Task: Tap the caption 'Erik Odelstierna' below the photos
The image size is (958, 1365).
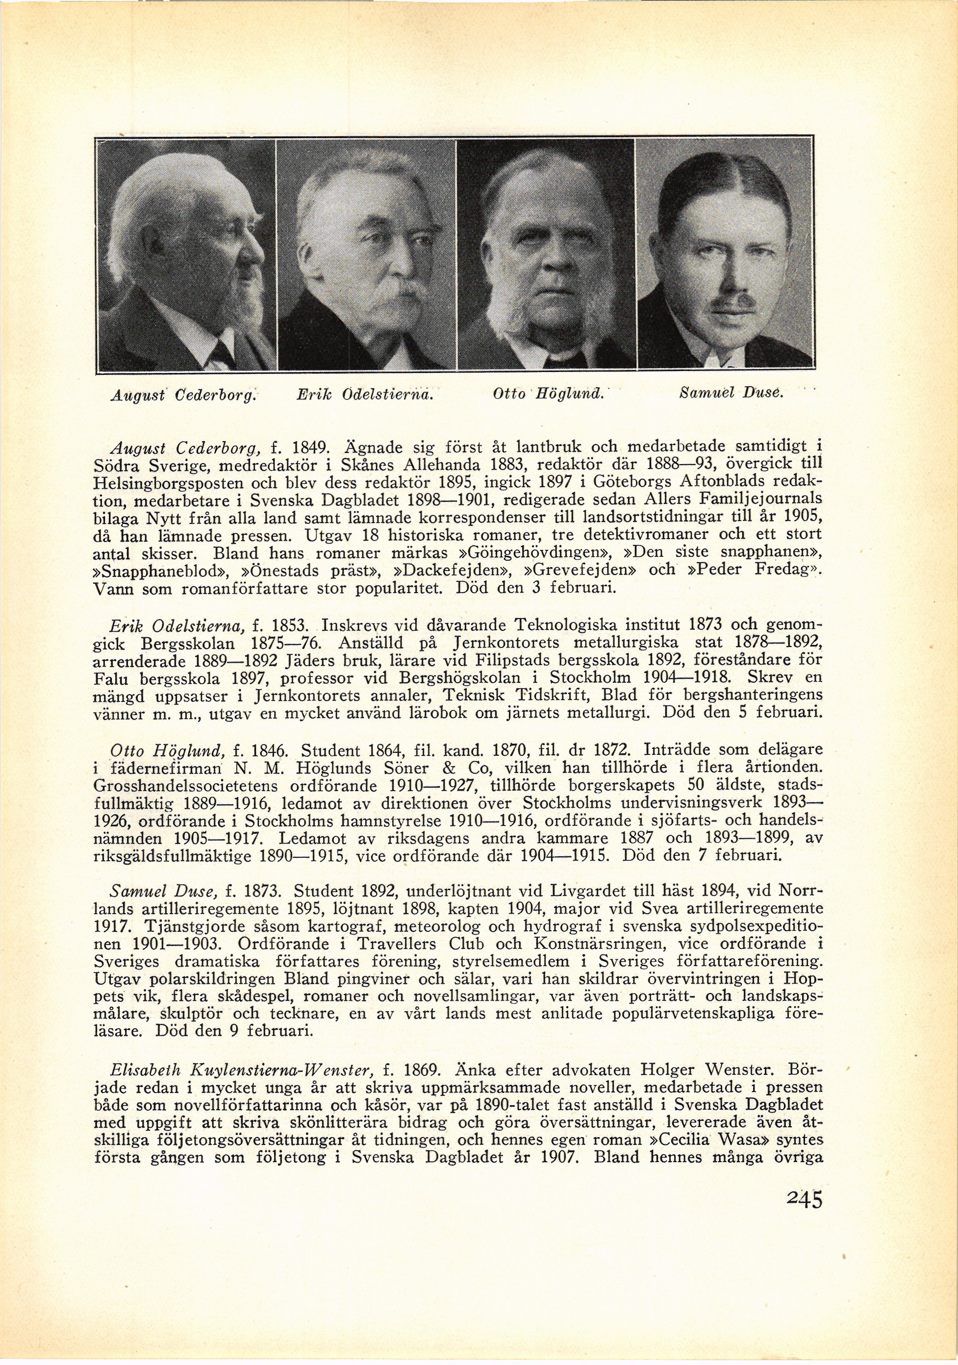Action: [x=364, y=393]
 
